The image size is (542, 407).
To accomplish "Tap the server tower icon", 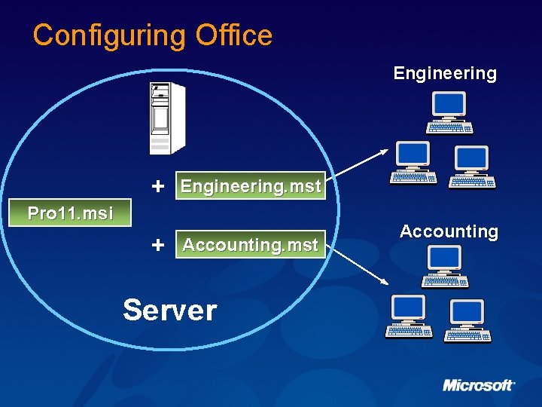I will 166,118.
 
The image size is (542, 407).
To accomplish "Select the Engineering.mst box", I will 251,186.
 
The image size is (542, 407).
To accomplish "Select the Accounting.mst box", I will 251,245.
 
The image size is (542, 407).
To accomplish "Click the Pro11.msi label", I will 70,213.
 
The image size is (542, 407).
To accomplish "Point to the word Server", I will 170,310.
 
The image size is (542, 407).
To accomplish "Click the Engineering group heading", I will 445,73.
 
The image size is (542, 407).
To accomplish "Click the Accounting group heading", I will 449,231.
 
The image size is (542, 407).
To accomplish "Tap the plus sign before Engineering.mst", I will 158,185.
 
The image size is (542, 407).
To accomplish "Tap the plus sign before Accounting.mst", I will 158,245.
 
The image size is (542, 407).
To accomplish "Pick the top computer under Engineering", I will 449,112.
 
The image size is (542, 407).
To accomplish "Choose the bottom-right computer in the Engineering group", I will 472,167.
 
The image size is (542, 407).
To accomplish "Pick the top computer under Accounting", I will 445,266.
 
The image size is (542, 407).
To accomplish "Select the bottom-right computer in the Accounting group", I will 467,320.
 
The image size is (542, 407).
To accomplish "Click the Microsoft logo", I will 478,385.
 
